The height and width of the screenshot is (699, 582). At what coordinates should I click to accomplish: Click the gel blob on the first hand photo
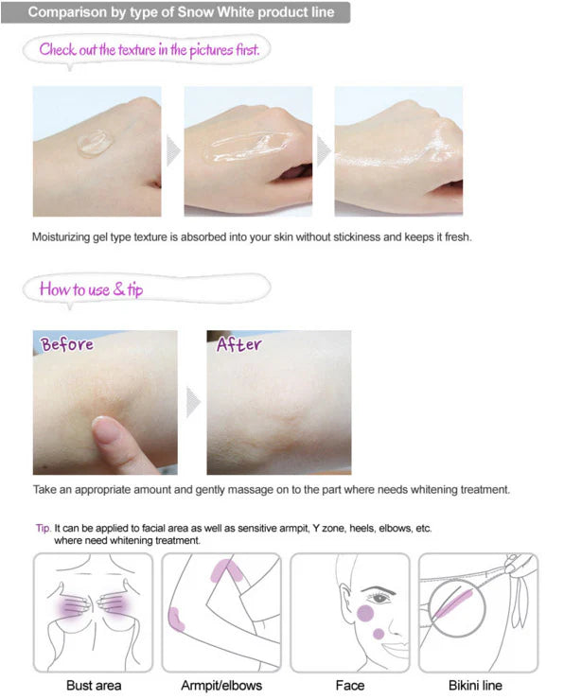[x=95, y=144]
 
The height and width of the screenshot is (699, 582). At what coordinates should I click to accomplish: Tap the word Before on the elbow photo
[x=67, y=344]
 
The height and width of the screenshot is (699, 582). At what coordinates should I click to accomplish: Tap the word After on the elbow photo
[x=238, y=344]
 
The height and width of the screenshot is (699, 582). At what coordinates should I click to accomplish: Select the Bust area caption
[x=94, y=685]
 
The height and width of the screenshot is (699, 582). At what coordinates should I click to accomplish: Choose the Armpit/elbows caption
[x=221, y=685]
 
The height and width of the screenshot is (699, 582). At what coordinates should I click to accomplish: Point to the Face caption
[x=349, y=685]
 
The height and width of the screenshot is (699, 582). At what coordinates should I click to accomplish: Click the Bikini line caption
[x=475, y=685]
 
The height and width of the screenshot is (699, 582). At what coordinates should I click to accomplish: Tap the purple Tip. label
[x=44, y=528]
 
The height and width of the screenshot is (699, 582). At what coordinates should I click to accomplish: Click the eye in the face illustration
[x=379, y=598]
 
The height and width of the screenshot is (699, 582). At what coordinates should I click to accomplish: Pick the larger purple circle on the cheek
[x=365, y=614]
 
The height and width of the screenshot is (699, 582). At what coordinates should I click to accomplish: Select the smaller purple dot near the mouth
[x=379, y=634]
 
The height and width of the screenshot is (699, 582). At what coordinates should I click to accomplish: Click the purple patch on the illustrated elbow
[x=176, y=620]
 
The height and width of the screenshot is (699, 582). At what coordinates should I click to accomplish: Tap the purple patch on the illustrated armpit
[x=226, y=570]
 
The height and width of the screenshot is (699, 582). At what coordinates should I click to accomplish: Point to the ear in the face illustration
[x=345, y=600]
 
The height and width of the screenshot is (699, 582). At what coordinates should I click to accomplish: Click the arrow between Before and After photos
[x=193, y=402]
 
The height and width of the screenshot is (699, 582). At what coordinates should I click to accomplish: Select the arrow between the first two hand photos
[x=173, y=151]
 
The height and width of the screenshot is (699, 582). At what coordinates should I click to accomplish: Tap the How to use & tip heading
[x=92, y=289]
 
